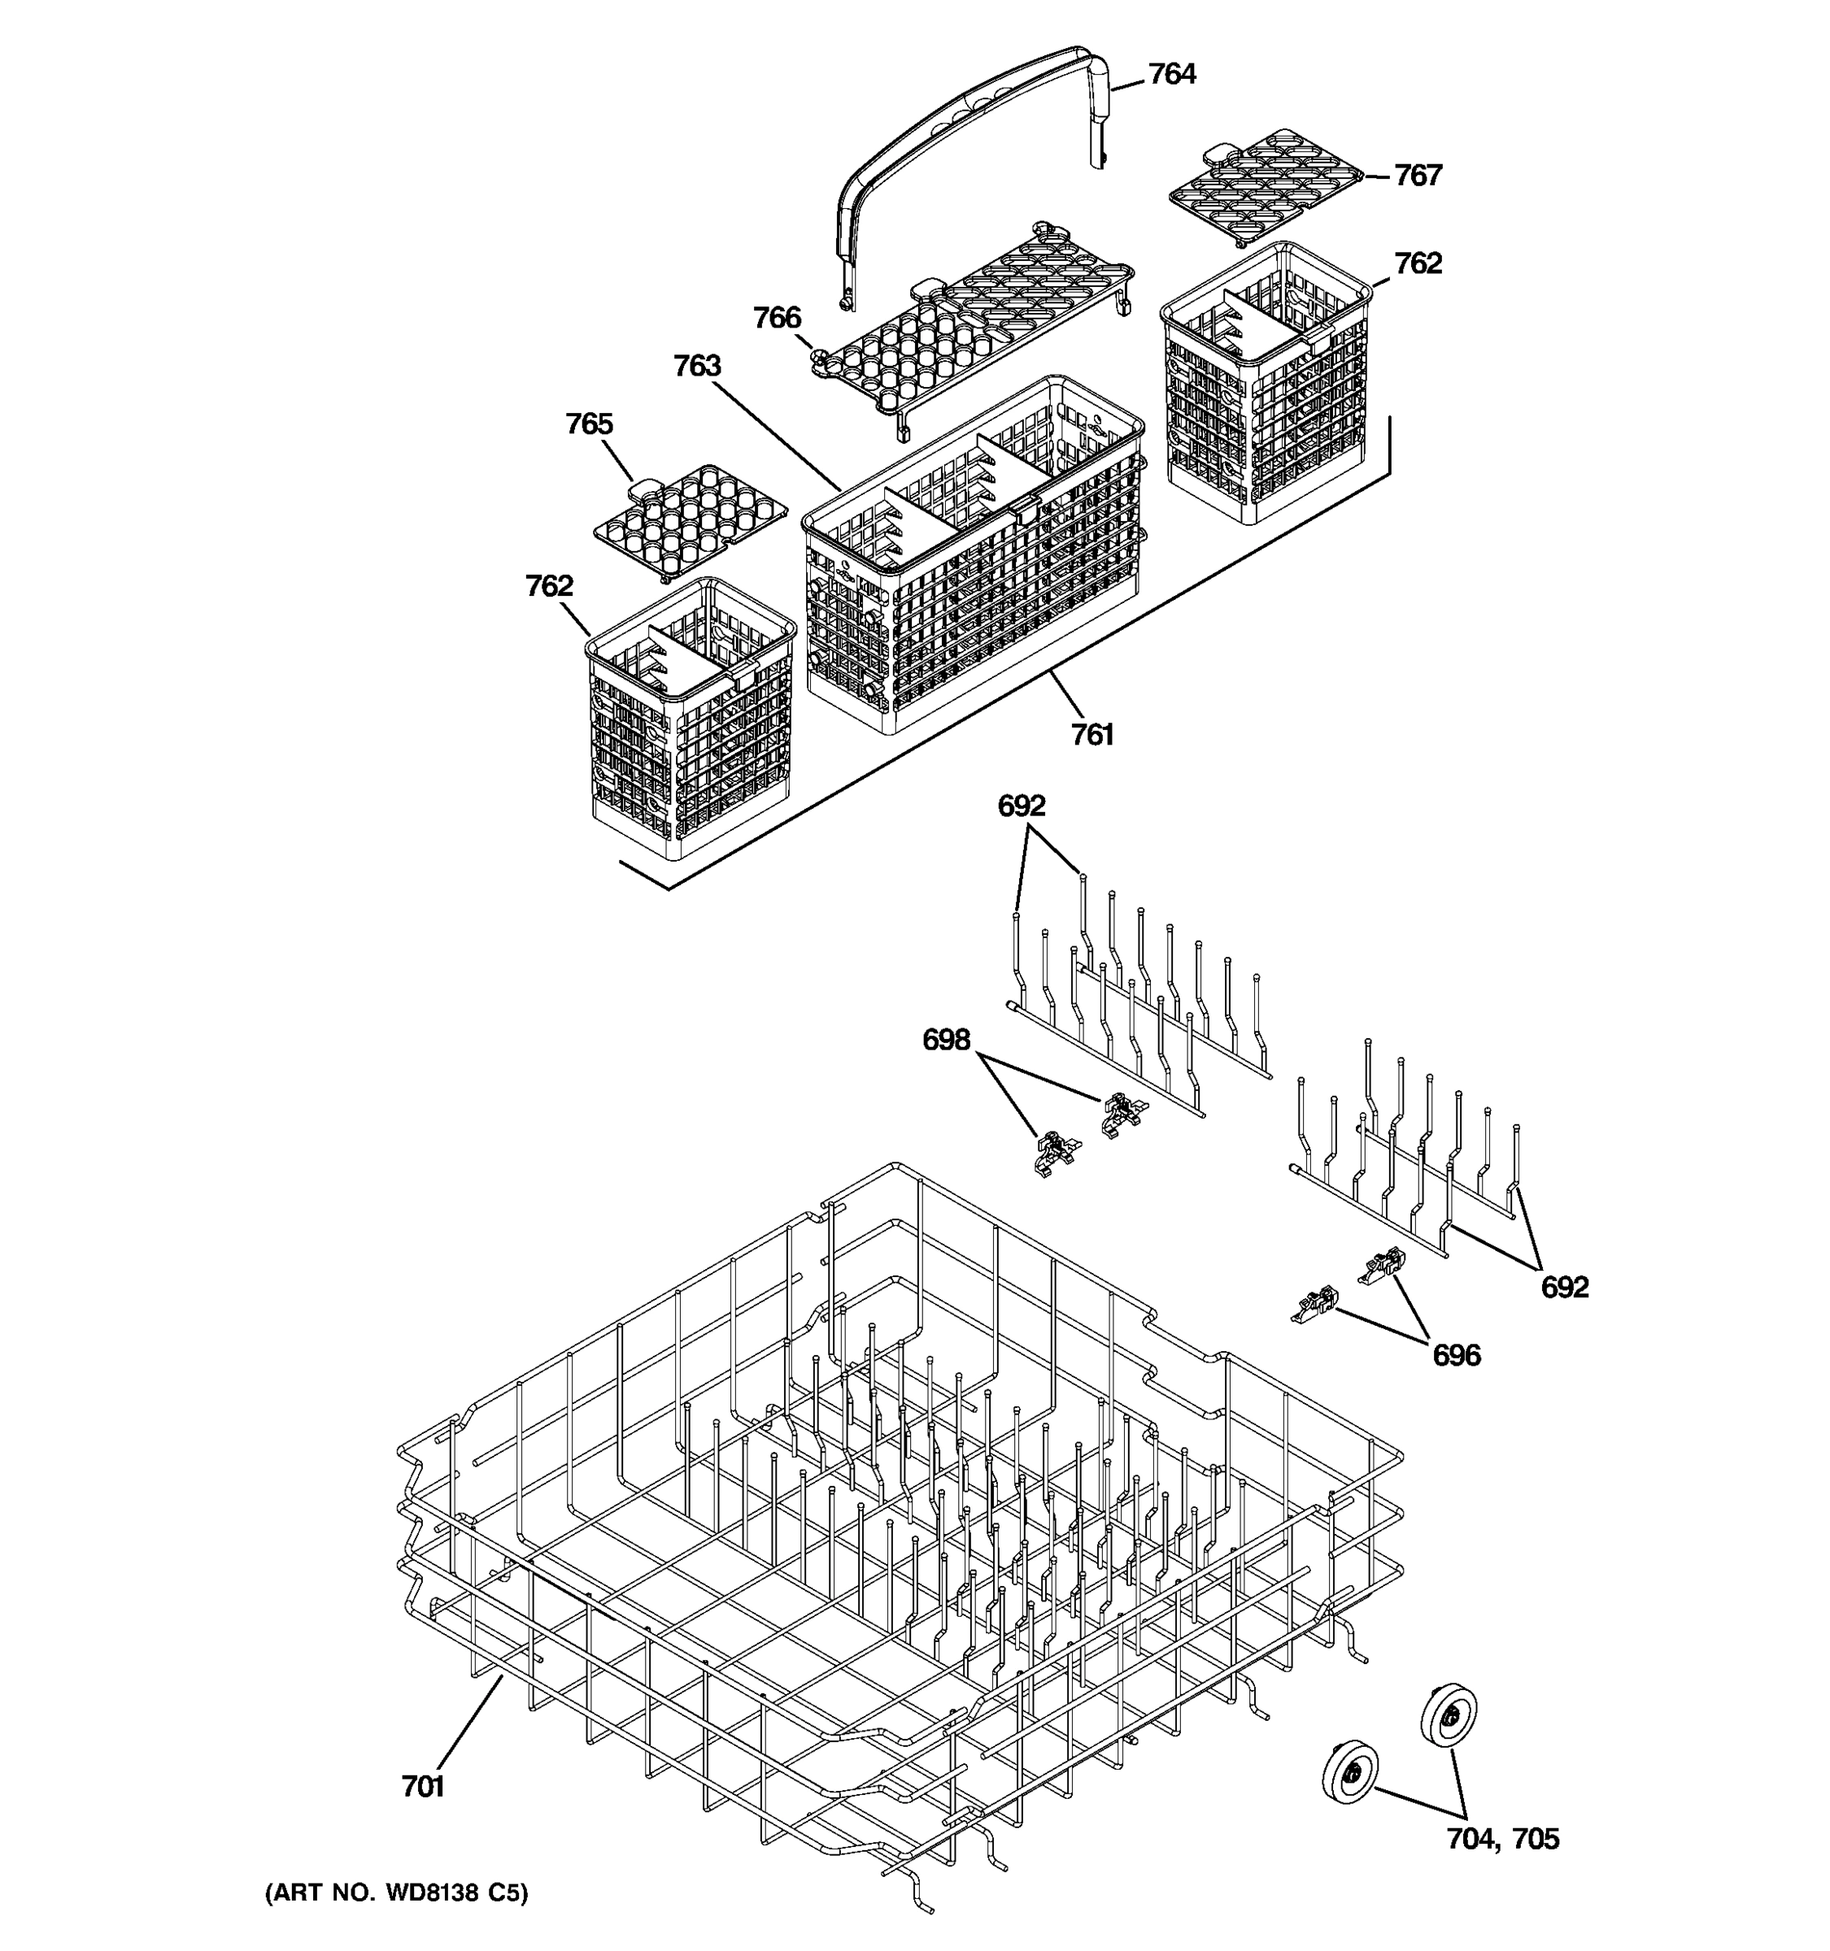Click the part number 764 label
[1171, 75]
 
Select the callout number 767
[1418, 176]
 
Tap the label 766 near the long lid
[777, 318]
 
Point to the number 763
[697, 366]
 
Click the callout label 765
[589, 424]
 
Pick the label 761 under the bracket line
[1091, 734]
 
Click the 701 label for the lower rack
[423, 1786]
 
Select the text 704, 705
[1502, 1838]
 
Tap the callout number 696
[1456, 1355]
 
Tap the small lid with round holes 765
[691, 521]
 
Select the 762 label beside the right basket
[1418, 263]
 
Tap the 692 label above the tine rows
[1021, 806]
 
